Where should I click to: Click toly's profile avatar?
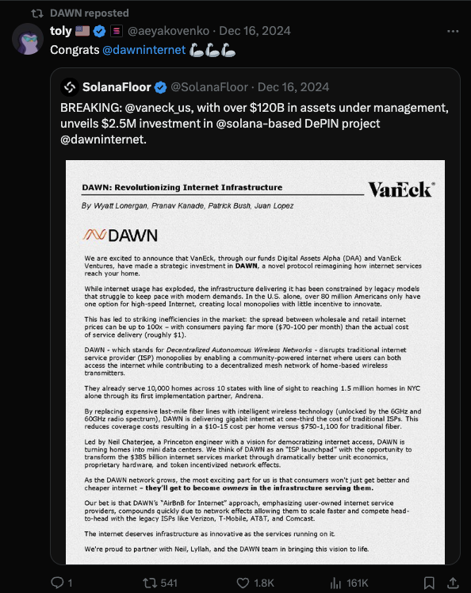(27, 40)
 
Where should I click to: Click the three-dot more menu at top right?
(452, 32)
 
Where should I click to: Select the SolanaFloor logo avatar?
(69, 86)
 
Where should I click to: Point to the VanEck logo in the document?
(400, 189)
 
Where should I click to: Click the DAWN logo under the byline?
(121, 235)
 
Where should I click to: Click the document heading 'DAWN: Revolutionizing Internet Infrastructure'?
(182, 188)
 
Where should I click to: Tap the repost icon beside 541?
(147, 583)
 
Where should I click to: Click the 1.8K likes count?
(265, 583)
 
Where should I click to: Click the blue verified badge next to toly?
(99, 32)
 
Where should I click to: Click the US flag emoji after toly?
(82, 32)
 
